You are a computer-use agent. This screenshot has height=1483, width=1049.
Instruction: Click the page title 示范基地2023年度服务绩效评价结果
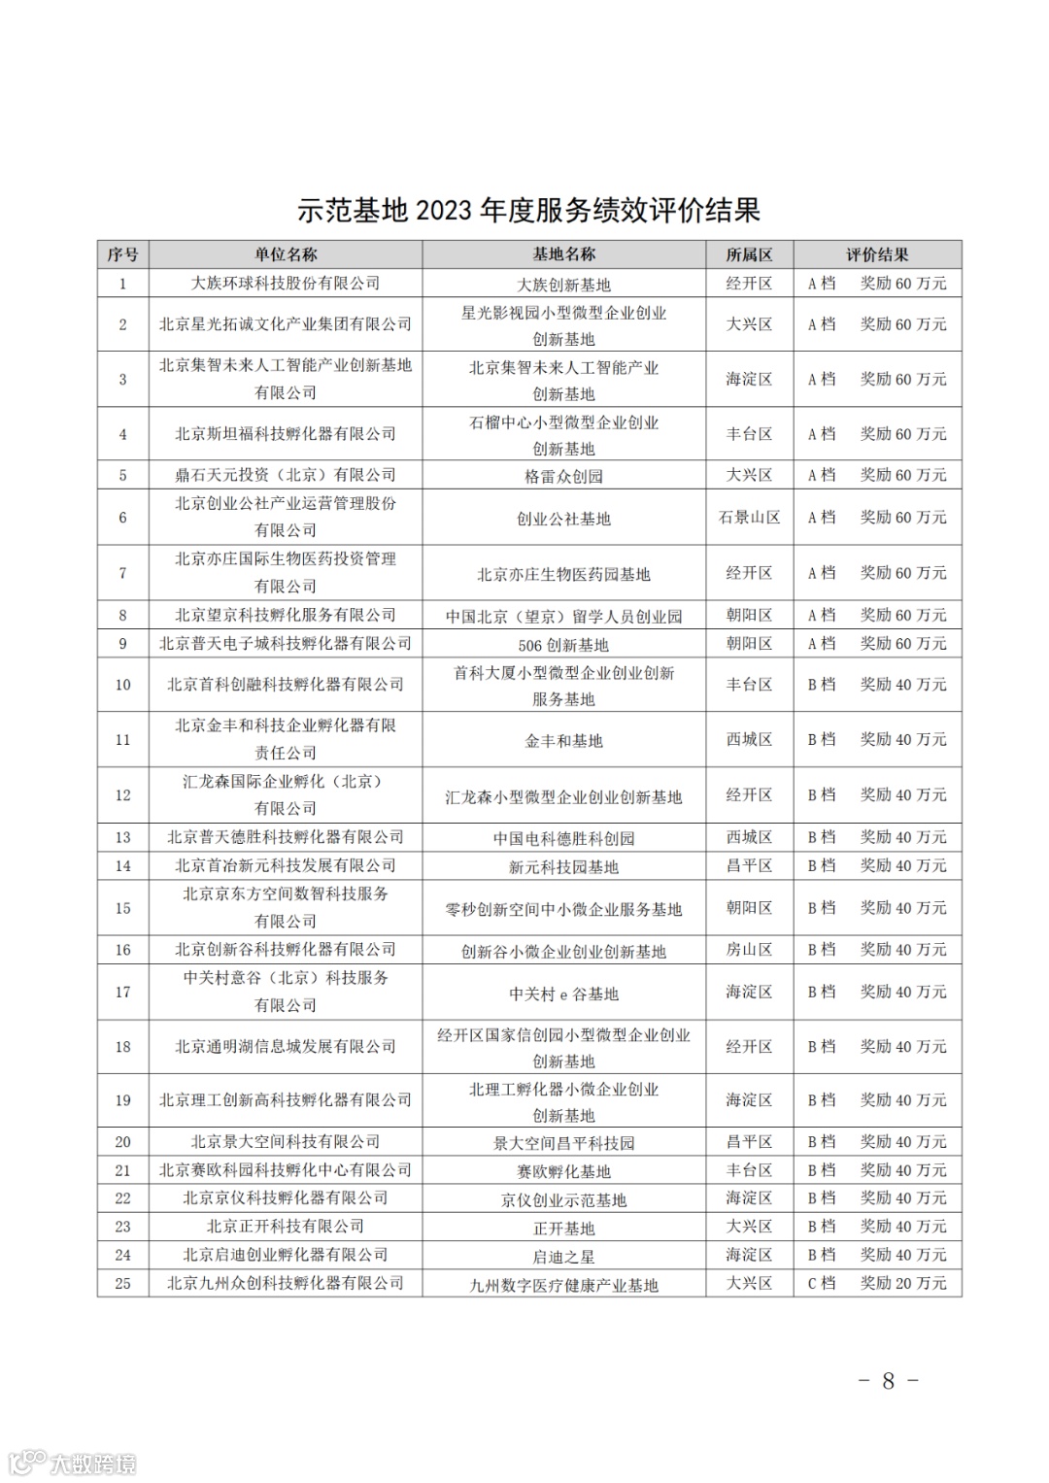click(x=528, y=210)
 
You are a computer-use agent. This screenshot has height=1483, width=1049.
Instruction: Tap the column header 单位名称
click(x=286, y=254)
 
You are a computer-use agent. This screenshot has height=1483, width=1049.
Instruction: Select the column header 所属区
click(x=749, y=254)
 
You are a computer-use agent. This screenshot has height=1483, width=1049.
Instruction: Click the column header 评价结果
click(x=877, y=254)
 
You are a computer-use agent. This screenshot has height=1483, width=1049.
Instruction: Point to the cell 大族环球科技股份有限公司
click(x=286, y=284)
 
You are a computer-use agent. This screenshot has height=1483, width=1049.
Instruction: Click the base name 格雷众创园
click(x=563, y=476)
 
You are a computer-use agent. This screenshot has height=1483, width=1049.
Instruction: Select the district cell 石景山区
click(x=749, y=518)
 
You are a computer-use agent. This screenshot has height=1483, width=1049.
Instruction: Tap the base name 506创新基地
click(x=563, y=645)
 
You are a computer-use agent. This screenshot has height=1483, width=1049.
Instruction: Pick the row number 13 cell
click(x=122, y=837)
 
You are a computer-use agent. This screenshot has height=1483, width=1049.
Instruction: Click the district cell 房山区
click(x=749, y=950)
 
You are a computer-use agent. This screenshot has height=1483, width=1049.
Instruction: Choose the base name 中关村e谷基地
click(x=563, y=994)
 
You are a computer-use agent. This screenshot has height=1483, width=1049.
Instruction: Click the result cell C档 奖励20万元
click(x=877, y=1283)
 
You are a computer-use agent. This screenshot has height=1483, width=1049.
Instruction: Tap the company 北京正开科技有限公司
click(x=286, y=1227)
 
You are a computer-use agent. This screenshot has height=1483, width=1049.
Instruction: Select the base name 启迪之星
click(x=563, y=1257)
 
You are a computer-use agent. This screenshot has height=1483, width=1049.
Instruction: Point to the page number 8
click(x=888, y=1380)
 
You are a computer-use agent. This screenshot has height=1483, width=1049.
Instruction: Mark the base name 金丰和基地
click(x=563, y=741)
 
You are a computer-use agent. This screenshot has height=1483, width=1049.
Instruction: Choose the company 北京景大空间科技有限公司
click(x=286, y=1142)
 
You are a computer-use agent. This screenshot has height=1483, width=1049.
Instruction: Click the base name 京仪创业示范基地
click(x=563, y=1200)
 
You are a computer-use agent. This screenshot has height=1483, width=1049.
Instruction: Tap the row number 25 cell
click(x=122, y=1283)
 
